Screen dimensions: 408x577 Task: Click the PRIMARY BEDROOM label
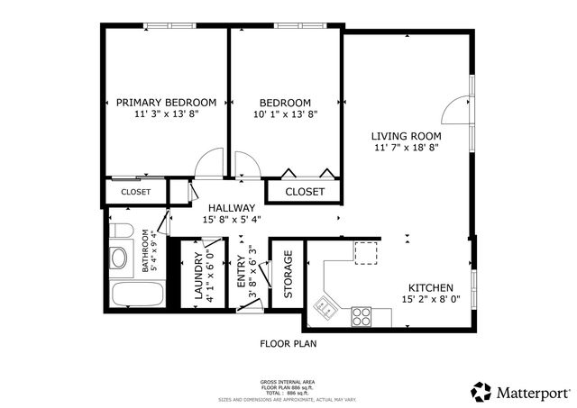click(166, 102)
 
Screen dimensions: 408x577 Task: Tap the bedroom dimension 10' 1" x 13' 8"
click(285, 114)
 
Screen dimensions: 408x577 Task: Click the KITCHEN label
click(431, 286)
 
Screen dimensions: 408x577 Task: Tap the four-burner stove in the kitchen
click(362, 316)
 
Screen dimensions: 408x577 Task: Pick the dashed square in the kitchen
click(366, 254)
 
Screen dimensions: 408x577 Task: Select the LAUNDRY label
click(198, 278)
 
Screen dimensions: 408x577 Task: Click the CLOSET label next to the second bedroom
click(304, 192)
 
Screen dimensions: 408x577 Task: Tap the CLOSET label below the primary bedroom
click(135, 192)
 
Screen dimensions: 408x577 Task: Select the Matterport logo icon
click(481, 391)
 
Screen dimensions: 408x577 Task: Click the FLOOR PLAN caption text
click(288, 343)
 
